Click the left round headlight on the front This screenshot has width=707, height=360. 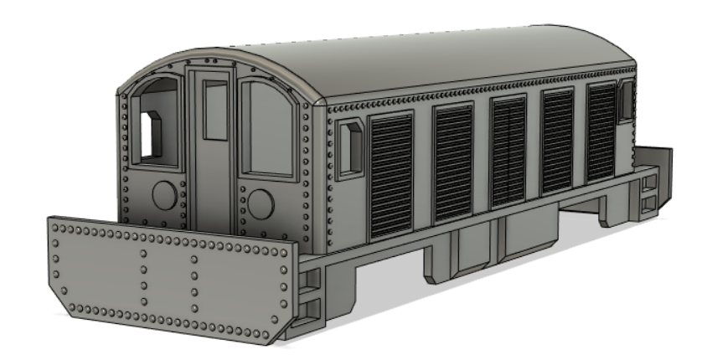pos(164,196)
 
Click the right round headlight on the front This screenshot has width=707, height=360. pos(261,203)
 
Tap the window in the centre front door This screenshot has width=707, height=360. pos(216,111)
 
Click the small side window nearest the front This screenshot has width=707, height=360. pos(350,149)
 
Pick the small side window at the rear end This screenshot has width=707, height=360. pos(625,100)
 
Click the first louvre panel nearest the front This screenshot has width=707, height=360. pos(391,174)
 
